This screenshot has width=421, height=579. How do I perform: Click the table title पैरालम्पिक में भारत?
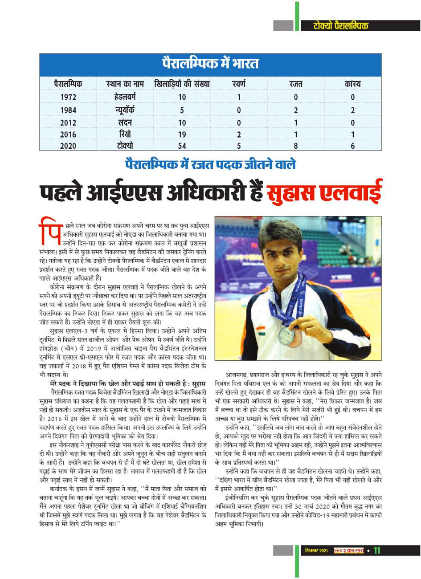(x=210, y=64)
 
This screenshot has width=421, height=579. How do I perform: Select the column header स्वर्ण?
(x=239, y=84)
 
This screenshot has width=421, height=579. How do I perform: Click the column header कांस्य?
(x=352, y=84)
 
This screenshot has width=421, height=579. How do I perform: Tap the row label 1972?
(x=68, y=97)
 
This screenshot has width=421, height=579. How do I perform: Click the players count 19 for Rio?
(x=182, y=134)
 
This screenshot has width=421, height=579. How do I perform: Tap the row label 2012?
(x=68, y=122)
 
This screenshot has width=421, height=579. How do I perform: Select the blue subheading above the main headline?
(x=210, y=164)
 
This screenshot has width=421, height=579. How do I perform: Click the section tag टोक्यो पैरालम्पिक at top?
(x=341, y=25)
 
